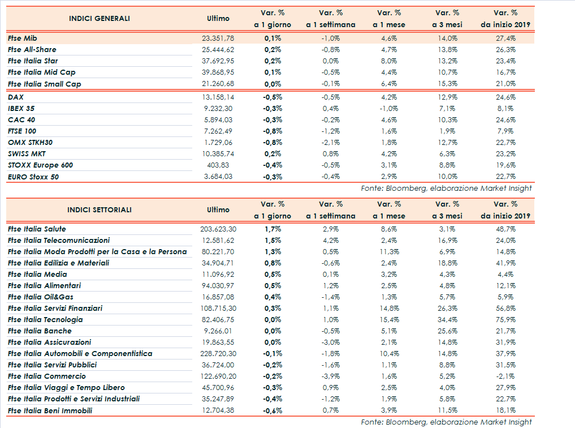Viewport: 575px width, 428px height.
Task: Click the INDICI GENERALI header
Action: (x=99, y=19)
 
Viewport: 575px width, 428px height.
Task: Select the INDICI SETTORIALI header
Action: (x=99, y=209)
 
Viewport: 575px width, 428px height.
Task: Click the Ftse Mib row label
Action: (x=23, y=38)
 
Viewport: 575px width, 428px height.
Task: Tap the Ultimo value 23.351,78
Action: (x=218, y=38)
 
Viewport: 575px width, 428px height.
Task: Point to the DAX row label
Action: (x=16, y=97)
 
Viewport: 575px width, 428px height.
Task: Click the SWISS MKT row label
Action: (x=26, y=153)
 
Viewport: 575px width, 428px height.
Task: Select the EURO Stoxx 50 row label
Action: (x=33, y=177)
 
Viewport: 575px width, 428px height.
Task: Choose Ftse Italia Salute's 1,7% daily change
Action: (x=273, y=229)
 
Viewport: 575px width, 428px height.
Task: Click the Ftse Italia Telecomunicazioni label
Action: (x=59, y=240)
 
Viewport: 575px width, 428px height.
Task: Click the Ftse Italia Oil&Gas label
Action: (x=41, y=297)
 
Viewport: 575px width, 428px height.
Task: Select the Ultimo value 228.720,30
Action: (x=218, y=353)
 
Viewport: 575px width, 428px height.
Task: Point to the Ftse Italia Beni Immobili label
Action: (x=50, y=410)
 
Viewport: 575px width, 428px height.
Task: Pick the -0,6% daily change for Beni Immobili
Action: (x=273, y=410)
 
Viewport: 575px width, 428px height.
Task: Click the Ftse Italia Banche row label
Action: (x=40, y=331)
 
